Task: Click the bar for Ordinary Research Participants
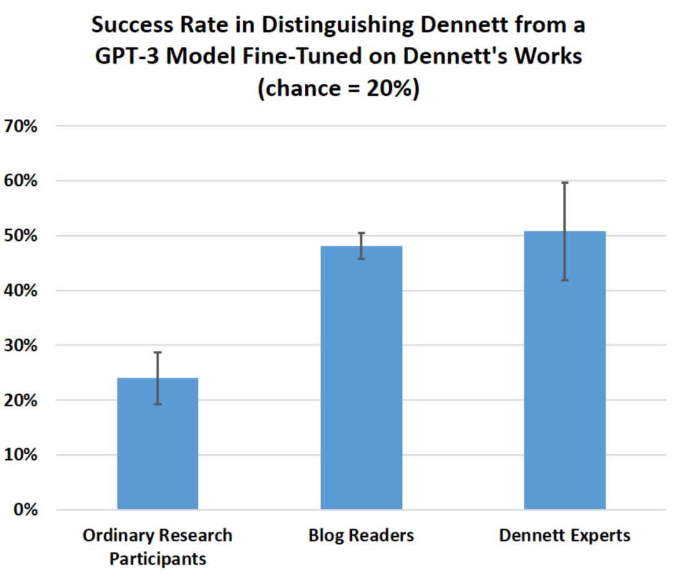[158, 444]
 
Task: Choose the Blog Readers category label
[361, 536]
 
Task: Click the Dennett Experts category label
[565, 536]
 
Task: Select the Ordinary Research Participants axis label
[158, 547]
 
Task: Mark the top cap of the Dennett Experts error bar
[565, 183]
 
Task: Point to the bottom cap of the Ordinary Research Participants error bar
[158, 404]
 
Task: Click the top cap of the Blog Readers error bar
[361, 233]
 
